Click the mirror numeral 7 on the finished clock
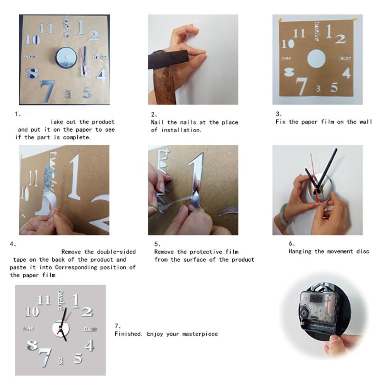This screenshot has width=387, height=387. (x=45, y=356)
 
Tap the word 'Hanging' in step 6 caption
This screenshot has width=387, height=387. (x=300, y=251)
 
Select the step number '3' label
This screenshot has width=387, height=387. (x=277, y=114)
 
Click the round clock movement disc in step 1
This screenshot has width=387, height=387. (x=65, y=58)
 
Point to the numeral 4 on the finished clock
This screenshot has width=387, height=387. (x=89, y=345)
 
